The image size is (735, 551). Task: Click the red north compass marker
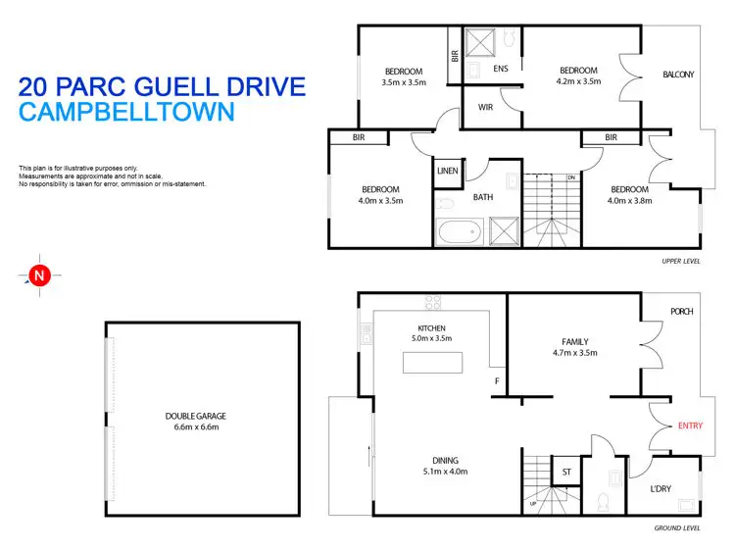[39, 276]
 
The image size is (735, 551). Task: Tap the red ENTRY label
[690, 426]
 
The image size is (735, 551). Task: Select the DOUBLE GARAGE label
[195, 416]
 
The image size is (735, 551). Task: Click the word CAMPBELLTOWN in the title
[126, 112]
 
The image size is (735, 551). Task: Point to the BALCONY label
[678, 75]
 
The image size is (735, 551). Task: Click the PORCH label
[681, 312]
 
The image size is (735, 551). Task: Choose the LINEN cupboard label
[448, 171]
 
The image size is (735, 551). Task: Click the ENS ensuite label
[501, 70]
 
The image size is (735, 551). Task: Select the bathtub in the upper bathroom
[458, 234]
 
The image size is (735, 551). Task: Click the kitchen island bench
[431, 362]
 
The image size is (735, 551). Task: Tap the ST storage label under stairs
[566, 473]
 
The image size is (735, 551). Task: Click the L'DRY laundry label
[661, 488]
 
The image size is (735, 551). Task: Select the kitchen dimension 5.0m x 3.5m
[431, 339]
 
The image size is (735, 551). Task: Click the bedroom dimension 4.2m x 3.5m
[578, 83]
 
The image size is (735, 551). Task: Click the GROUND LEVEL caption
[676, 528]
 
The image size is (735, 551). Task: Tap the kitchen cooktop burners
[431, 301]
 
